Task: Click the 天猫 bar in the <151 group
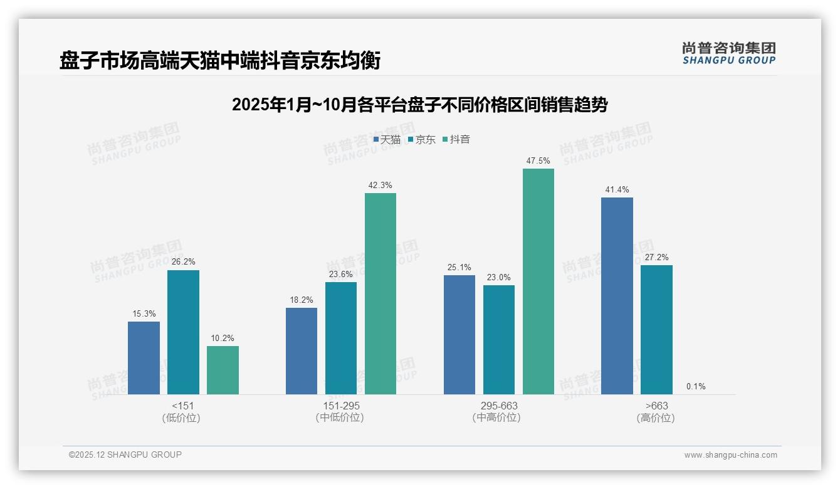point(144,358)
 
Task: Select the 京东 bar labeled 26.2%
point(183,332)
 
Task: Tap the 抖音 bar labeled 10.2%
point(223,370)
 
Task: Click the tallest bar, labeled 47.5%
point(538,281)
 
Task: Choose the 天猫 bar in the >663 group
point(617,296)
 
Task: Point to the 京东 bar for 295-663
point(499,340)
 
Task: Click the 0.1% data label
point(696,387)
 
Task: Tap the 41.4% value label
point(617,189)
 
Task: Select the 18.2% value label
point(302,300)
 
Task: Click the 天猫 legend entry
point(387,140)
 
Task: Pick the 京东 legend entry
point(422,140)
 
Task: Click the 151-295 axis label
point(341,406)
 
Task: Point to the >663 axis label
point(656,406)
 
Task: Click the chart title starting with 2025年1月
point(419,105)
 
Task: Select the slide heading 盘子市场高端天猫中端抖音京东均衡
point(220,61)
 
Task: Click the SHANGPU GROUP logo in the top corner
point(729,53)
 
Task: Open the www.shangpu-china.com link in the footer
point(730,455)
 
